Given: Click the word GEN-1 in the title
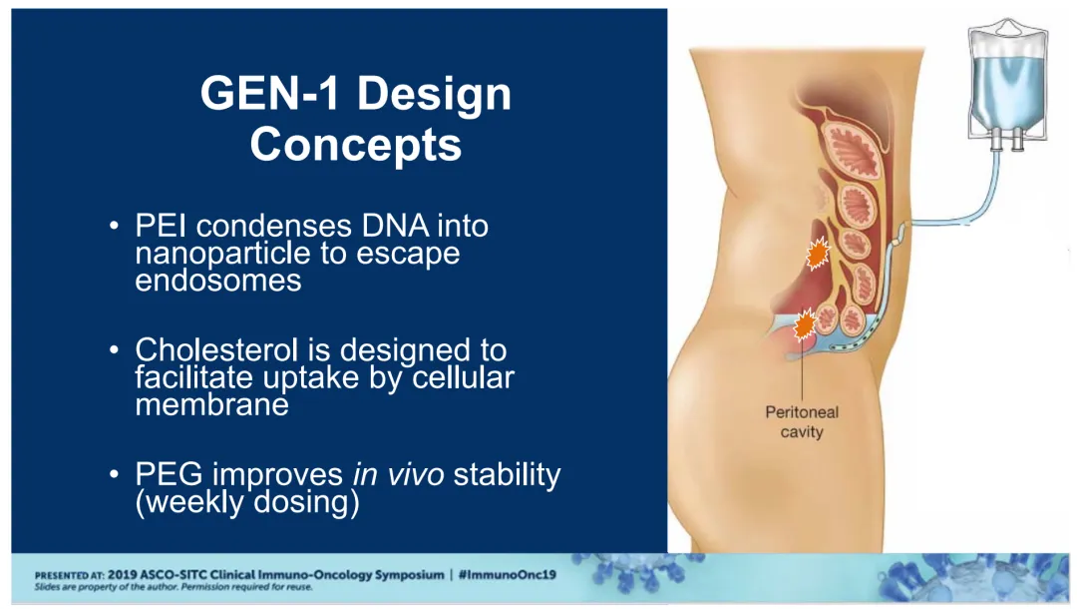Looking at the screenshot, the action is click(x=269, y=94).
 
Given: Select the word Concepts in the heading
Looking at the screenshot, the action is click(x=356, y=145).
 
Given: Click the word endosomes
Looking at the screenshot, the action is click(x=218, y=281).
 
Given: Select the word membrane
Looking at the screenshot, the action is click(x=211, y=404).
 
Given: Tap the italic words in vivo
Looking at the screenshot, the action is click(x=398, y=474).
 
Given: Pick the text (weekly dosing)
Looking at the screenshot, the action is click(x=247, y=502).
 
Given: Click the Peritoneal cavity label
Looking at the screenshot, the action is click(x=802, y=422).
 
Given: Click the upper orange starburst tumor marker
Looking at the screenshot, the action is click(x=818, y=255).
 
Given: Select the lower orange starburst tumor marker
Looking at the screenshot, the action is click(x=804, y=324).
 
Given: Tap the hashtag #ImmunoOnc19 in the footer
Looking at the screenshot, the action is click(x=507, y=575).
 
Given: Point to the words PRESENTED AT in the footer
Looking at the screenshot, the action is click(x=70, y=575).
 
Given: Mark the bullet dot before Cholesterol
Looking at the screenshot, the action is click(x=114, y=350).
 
